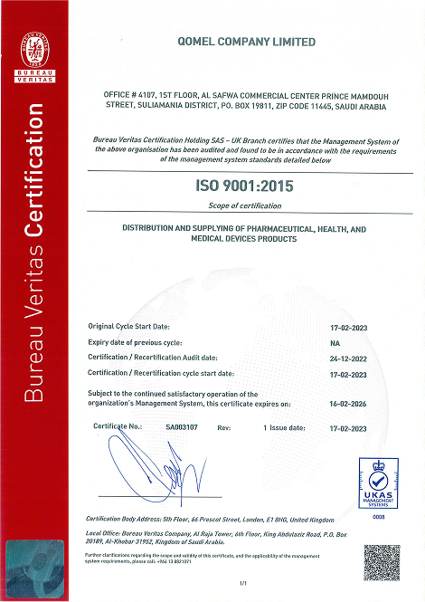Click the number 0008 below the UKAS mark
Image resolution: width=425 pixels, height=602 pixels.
pyautogui.click(x=379, y=516)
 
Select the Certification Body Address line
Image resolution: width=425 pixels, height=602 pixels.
pyautogui.click(x=208, y=520)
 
